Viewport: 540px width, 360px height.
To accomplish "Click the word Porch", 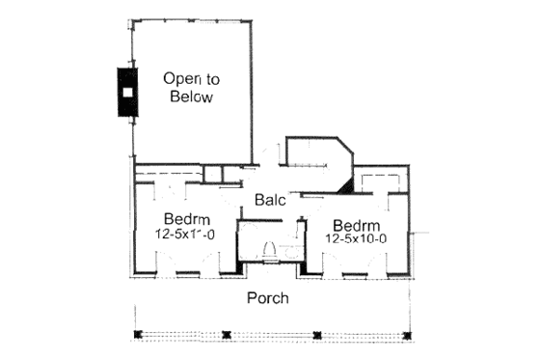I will coord(267,298).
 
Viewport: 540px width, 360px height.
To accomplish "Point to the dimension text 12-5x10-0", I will coord(356,237).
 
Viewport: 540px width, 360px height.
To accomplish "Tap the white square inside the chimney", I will coord(127,93).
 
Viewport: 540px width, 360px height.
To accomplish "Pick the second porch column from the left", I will coord(226,335).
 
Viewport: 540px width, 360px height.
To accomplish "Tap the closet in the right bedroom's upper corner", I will coord(380,180).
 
